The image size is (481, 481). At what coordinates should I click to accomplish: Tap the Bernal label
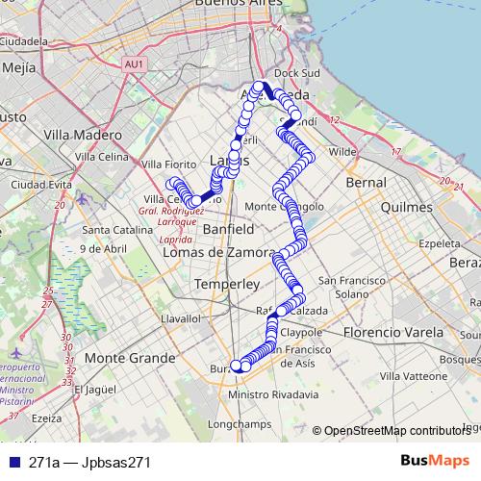click(x=366, y=181)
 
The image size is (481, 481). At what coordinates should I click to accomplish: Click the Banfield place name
click(x=229, y=230)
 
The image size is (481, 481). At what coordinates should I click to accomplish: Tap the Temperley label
click(x=227, y=285)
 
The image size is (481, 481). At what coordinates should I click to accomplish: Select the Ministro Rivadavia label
click(x=274, y=394)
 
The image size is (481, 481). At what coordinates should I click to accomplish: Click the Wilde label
click(x=342, y=152)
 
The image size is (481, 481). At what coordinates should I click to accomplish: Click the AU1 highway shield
click(x=134, y=63)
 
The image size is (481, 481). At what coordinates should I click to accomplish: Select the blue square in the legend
click(x=13, y=462)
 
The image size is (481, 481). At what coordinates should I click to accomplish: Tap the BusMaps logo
click(x=435, y=461)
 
